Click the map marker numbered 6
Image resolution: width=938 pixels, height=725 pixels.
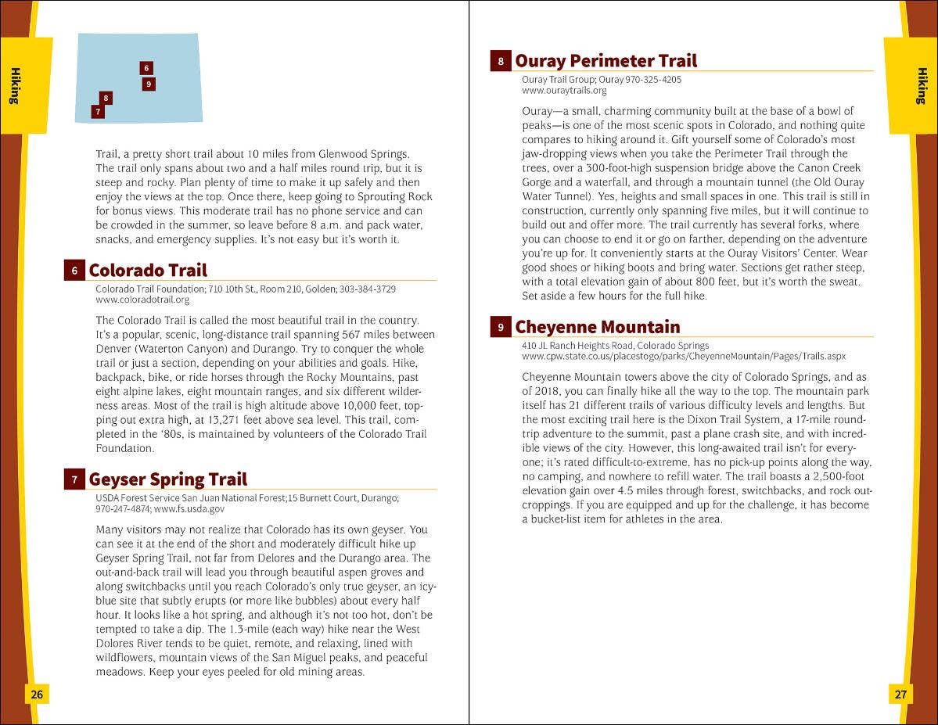click(146, 69)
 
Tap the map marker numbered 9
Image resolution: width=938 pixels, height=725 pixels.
click(149, 84)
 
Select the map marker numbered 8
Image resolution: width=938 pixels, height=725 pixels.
click(106, 98)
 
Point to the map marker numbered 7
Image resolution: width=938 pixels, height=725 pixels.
click(97, 112)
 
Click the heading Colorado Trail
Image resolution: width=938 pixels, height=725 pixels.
click(148, 271)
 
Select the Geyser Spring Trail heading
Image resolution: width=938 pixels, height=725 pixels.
click(167, 479)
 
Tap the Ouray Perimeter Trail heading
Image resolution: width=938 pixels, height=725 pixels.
click(606, 61)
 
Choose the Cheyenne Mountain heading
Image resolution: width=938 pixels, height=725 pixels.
click(597, 327)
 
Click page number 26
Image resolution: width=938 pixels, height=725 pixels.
click(37, 694)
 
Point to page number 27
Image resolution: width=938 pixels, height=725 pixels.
click(900, 694)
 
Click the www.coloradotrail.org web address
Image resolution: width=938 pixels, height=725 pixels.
click(142, 300)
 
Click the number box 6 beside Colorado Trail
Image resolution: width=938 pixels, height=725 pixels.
click(74, 271)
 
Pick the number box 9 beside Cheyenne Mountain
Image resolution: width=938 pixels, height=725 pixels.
click(501, 328)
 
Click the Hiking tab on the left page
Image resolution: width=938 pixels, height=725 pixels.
click(15, 86)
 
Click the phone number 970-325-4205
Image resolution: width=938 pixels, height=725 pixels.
click(654, 80)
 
